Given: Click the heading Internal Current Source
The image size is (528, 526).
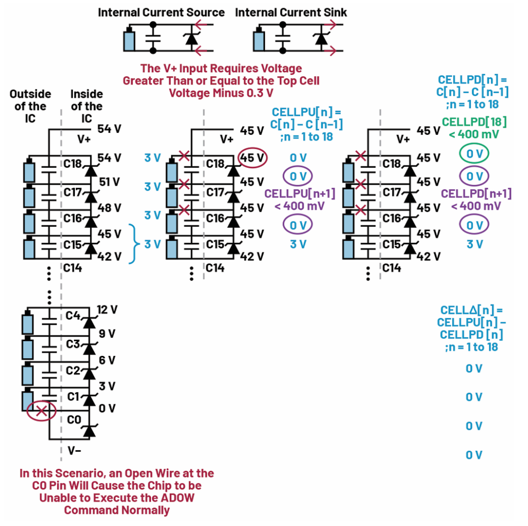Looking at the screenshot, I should pos(161,12).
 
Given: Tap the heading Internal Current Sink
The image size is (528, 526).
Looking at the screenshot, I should pos(292,12).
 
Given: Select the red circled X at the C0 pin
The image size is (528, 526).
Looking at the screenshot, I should pos(42,411).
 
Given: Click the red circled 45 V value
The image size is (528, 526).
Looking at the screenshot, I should pos(252,158).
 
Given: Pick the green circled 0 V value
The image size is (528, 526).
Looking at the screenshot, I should pos(474,154).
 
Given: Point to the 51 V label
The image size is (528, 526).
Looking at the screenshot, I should pos(110,182).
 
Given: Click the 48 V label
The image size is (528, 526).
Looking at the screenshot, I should pos(110,208).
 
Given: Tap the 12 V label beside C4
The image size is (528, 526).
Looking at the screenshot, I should pos(107,310).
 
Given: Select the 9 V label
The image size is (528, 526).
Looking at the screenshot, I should pos(107,334).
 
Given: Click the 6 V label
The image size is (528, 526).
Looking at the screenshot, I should pos(107,360).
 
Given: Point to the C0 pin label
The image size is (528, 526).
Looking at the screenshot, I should pos(73,420).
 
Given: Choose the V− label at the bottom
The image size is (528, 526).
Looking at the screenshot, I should pos(74,450).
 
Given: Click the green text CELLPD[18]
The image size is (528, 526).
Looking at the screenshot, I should pos(474,122).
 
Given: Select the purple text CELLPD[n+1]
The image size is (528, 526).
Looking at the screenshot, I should pos(476,194).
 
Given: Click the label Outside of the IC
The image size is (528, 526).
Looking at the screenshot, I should pos(30,106).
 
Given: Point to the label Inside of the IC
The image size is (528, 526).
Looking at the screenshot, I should pos(86,106).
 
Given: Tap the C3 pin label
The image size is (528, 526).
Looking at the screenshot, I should pos(73,344).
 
